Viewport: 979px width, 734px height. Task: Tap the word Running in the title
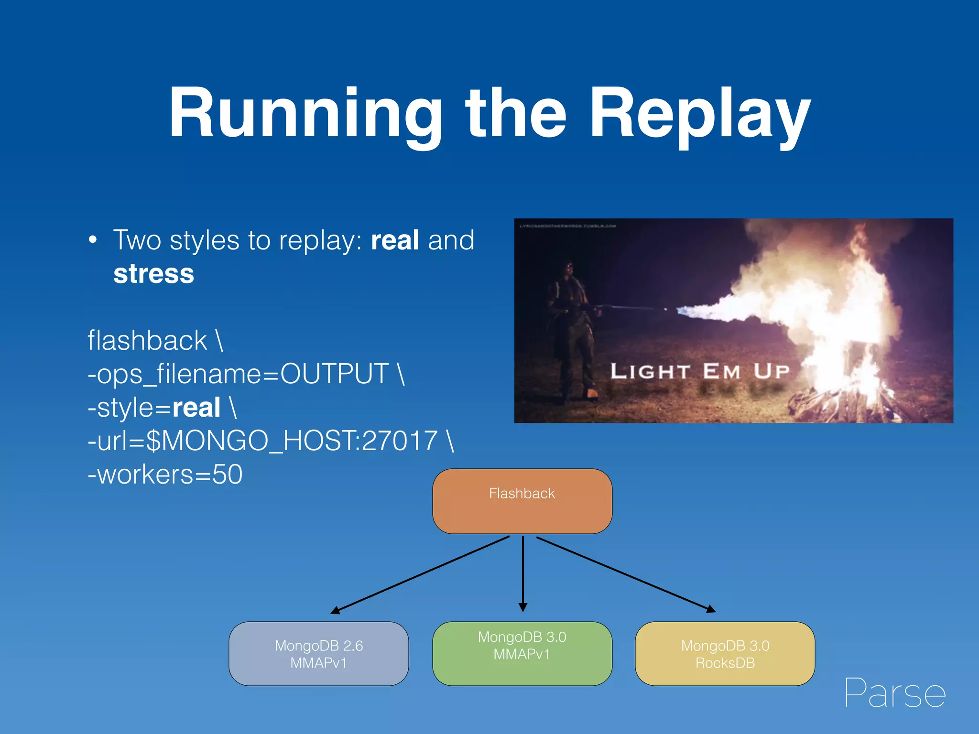coord(306,115)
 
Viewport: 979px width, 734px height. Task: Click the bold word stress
coord(153,274)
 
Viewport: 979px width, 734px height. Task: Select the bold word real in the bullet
coord(395,240)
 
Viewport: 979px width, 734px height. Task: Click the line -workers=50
coord(165,475)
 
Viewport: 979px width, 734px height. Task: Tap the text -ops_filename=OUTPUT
coord(238,374)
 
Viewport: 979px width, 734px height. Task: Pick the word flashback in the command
coord(147,341)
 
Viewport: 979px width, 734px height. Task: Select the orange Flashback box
coord(522,501)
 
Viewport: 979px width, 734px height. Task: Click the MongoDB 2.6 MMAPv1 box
coord(319,654)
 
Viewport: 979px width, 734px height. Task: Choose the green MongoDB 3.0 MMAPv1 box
coord(522,654)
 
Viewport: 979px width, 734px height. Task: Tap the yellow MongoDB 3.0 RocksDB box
coord(725,654)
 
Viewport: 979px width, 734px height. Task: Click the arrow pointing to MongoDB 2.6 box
coord(421,575)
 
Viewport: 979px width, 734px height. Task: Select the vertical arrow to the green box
coord(523,573)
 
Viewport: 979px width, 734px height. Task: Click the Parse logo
coord(895,693)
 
